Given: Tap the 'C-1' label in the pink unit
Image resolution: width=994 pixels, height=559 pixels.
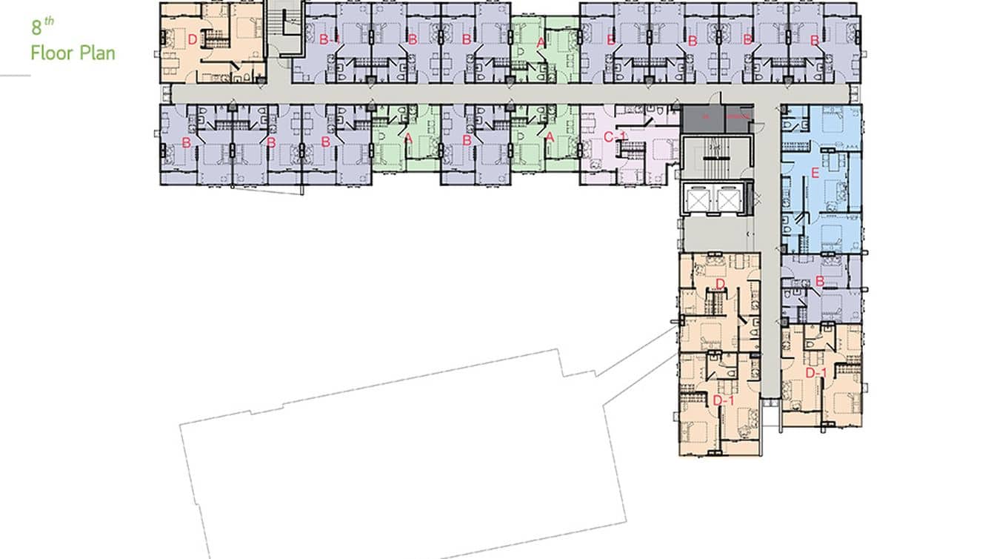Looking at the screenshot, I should click(615, 136).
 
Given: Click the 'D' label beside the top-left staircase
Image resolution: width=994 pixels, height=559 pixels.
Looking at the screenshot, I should click(192, 40).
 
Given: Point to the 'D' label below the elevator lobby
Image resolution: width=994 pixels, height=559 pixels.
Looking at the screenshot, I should click(720, 285).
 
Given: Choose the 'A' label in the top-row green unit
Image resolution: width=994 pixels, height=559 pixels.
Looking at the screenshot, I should click(541, 43).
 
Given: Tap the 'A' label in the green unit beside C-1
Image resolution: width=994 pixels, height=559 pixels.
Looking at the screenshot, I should click(550, 136).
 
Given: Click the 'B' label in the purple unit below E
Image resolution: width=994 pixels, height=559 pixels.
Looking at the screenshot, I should click(820, 282).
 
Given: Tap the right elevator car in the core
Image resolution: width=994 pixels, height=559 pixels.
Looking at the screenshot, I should click(728, 198).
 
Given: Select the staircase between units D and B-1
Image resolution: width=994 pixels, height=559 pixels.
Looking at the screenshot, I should click(286, 30).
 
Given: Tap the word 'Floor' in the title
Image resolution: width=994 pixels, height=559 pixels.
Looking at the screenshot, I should click(52, 53).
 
